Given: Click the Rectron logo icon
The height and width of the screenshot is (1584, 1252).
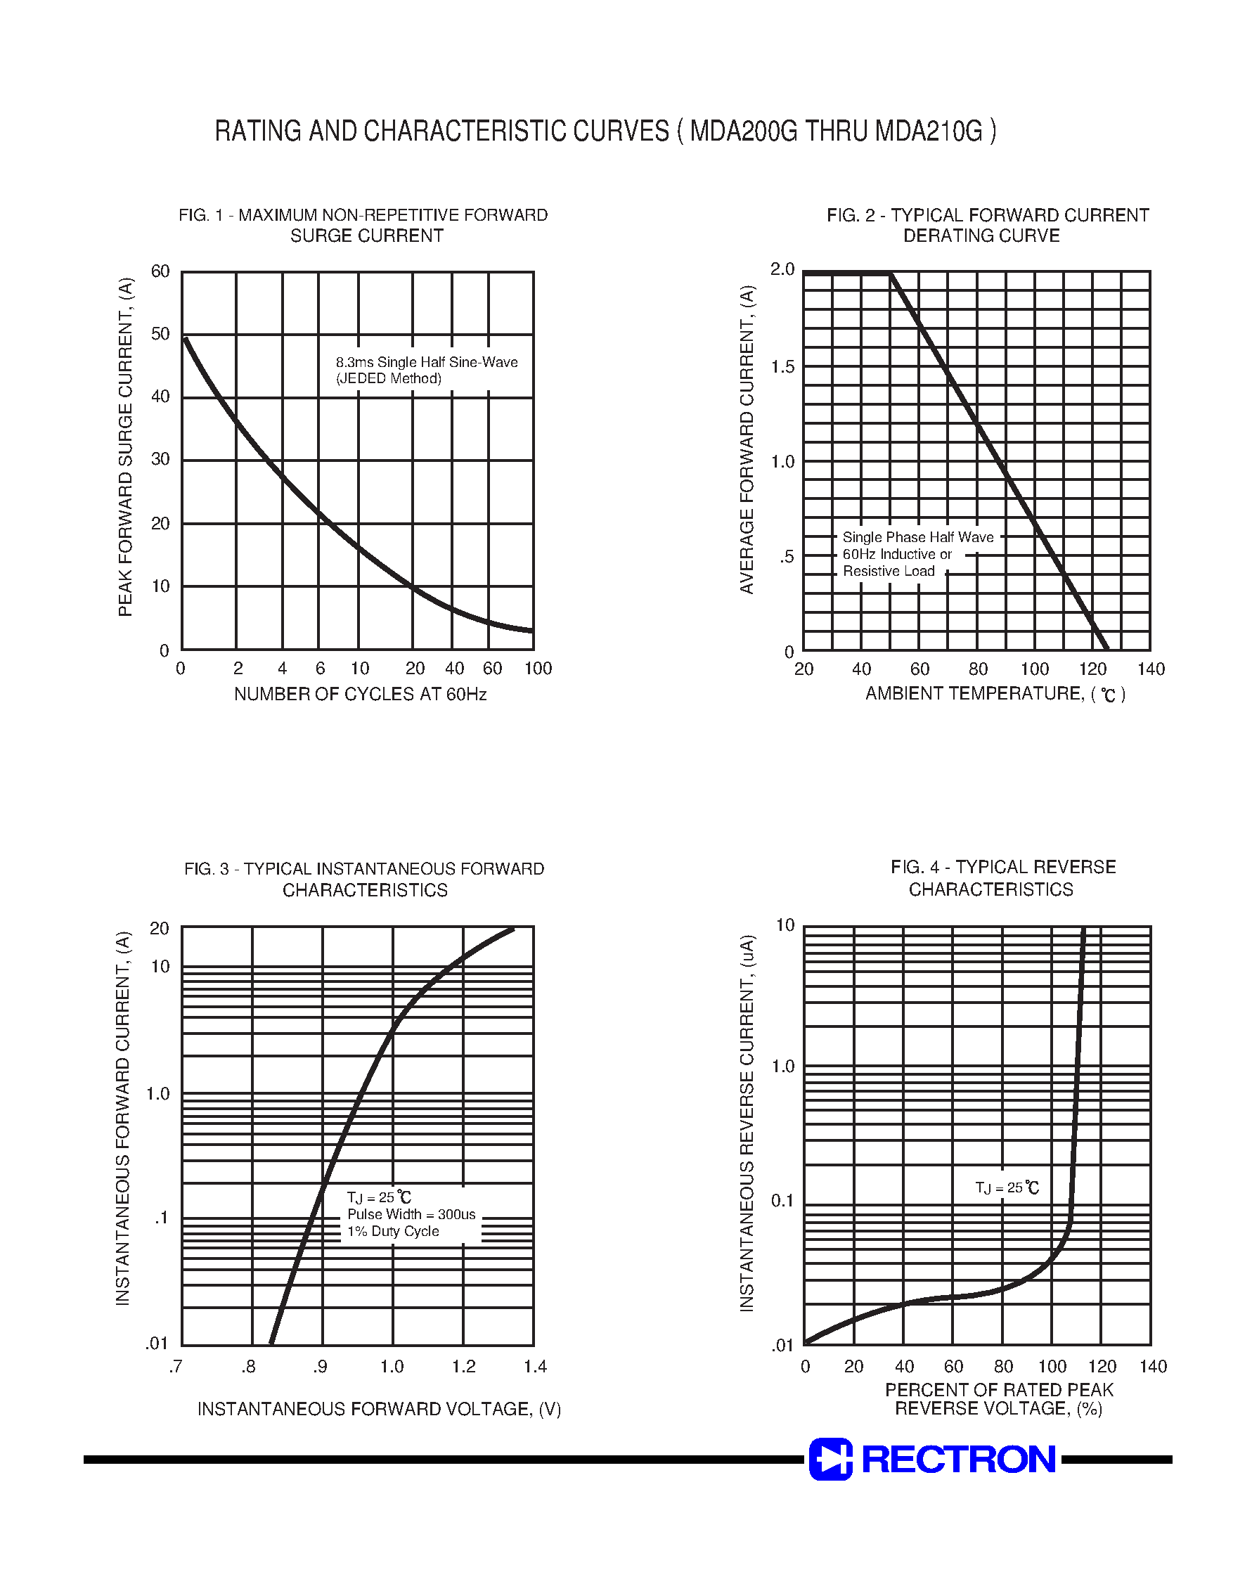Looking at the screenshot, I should (830, 1459).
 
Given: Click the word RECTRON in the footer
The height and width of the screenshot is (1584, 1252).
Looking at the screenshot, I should (958, 1460).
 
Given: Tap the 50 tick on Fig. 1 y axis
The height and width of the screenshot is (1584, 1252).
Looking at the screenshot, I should (160, 334).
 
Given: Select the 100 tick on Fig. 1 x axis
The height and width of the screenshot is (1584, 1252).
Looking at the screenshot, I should (537, 669).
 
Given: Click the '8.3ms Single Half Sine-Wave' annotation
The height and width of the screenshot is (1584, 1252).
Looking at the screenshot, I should (427, 362).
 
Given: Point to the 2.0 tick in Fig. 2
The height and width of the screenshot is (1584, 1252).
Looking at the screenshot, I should (782, 270).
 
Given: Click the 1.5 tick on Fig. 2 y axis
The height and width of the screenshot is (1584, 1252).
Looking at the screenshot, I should (782, 367).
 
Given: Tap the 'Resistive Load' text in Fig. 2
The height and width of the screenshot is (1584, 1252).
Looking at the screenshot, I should (889, 571).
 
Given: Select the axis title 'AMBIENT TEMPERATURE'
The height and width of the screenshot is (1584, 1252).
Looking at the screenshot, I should (974, 693).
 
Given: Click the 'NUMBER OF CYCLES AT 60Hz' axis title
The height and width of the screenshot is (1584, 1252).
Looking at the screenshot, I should (360, 694).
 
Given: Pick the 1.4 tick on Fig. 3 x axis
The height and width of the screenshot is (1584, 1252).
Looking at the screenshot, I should (534, 1366).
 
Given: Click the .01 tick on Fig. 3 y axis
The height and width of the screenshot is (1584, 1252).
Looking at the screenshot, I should (157, 1344).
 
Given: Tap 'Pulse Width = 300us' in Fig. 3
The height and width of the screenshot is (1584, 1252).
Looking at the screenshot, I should (411, 1215).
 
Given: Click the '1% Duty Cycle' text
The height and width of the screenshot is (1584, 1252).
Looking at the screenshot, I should (393, 1232).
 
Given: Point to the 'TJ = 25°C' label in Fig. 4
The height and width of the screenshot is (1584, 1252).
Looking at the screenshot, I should (1007, 1187).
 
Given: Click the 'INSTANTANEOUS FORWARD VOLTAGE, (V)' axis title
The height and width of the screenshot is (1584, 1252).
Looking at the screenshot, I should (379, 1409).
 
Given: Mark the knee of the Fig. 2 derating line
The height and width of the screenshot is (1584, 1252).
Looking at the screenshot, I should (891, 274).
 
